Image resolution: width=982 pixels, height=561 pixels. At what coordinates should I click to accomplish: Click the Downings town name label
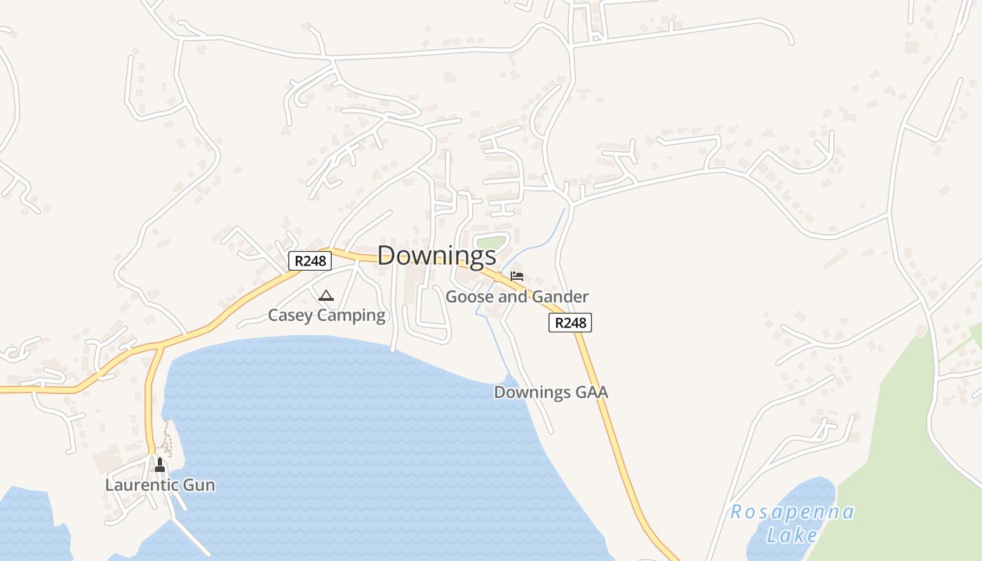click(x=436, y=255)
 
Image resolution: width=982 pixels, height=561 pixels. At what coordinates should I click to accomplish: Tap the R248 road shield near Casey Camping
click(x=309, y=261)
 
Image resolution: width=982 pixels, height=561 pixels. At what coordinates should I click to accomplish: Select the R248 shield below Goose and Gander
click(x=570, y=323)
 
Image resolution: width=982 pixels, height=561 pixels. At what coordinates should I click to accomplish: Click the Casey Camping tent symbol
click(x=325, y=296)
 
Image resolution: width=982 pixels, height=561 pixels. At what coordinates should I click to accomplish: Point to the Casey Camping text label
click(x=327, y=316)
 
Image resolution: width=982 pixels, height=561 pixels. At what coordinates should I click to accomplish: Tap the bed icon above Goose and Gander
click(x=517, y=276)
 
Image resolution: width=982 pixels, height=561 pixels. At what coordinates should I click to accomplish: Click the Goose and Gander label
click(x=517, y=297)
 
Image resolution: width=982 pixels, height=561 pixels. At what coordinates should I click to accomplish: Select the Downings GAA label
click(x=551, y=393)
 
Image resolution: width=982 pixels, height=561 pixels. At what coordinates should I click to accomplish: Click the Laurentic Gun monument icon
click(x=160, y=464)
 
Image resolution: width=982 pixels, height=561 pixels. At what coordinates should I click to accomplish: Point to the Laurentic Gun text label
click(x=160, y=485)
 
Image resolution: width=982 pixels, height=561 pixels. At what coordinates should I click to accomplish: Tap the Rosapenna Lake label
click(x=793, y=523)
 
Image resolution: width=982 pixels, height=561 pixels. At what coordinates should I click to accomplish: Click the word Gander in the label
click(x=560, y=297)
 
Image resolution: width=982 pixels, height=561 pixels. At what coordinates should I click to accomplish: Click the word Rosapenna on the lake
click(x=793, y=512)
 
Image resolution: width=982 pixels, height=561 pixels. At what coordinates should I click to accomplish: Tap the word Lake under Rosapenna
click(x=791, y=536)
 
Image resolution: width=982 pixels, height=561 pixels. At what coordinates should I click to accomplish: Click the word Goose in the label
click(x=467, y=297)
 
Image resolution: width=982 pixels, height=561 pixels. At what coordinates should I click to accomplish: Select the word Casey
click(x=289, y=316)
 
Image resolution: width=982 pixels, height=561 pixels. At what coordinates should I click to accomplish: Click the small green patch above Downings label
click(x=491, y=243)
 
